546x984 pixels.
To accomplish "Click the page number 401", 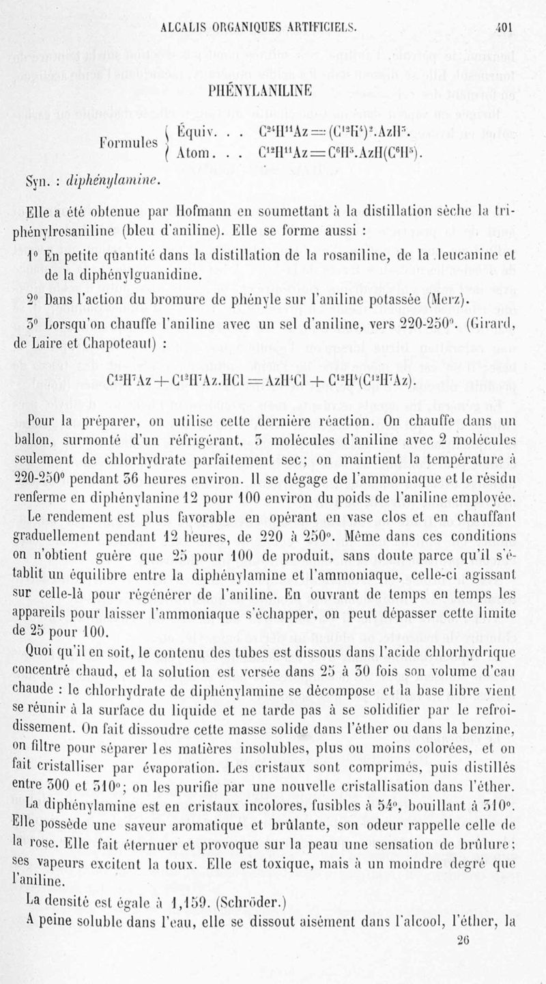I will click(504, 29).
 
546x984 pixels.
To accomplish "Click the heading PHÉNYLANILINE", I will click(272, 90).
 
